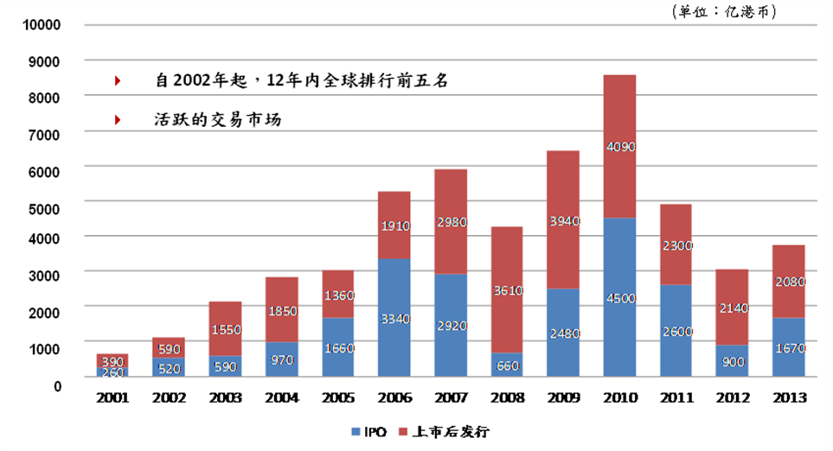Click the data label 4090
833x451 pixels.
[620, 147]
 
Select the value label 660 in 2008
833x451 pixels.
[508, 365]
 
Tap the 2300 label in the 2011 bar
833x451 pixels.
[676, 245]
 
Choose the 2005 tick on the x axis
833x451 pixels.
[338, 398]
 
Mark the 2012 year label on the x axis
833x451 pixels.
[733, 398]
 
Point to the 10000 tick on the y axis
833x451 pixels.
[41, 24]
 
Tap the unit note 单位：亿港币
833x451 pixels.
[724, 11]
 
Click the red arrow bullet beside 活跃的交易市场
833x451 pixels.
[118, 120]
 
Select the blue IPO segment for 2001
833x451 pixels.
[113, 372]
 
